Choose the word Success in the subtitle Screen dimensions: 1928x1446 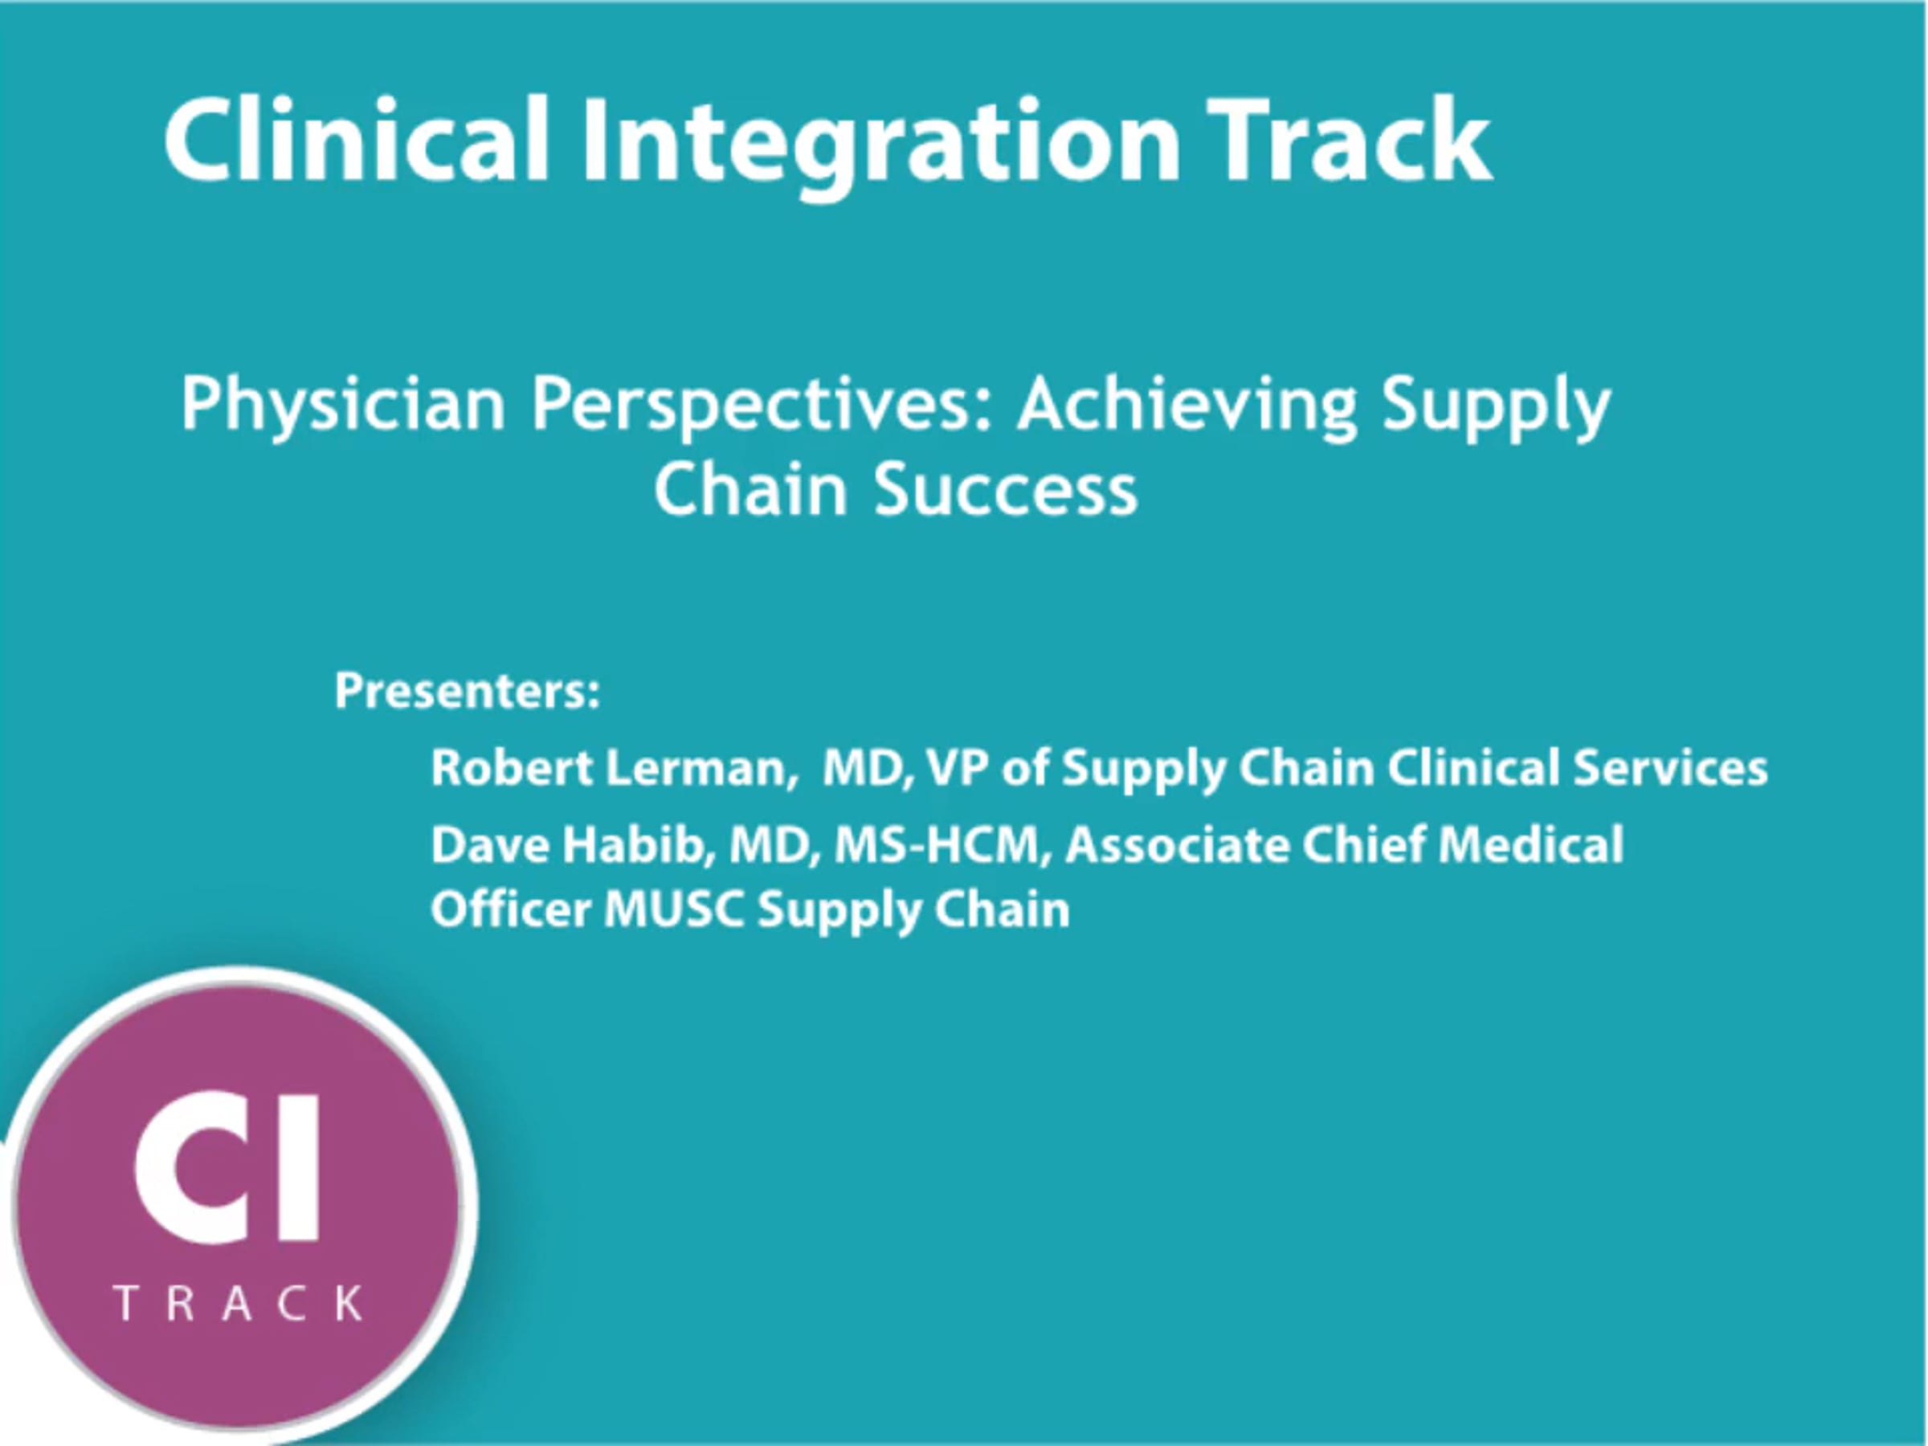click(1006, 490)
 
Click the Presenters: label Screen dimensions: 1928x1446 click(468, 691)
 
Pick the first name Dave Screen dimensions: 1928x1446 click(488, 844)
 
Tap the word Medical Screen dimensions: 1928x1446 click(1530, 844)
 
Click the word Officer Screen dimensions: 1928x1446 click(511, 909)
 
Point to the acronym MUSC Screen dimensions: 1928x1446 click(674, 909)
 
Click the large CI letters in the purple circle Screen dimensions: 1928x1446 click(227, 1166)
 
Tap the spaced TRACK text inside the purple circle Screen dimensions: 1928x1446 click(239, 1303)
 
